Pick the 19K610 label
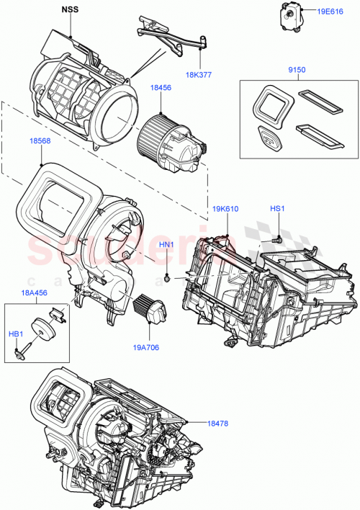tap(225, 210)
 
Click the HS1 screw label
tap(278, 210)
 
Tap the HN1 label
tap(166, 245)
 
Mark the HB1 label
tap(14, 333)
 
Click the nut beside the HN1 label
tap(168, 277)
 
